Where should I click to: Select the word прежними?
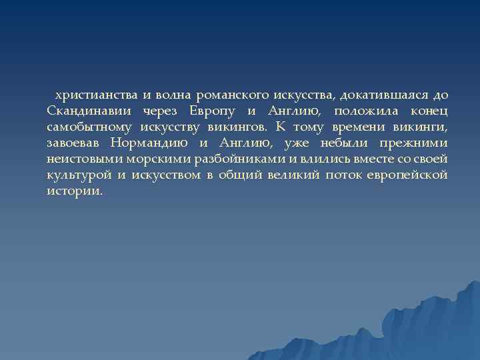pos(413,143)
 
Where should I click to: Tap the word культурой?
pos(78,175)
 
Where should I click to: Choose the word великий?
pos(289,175)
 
